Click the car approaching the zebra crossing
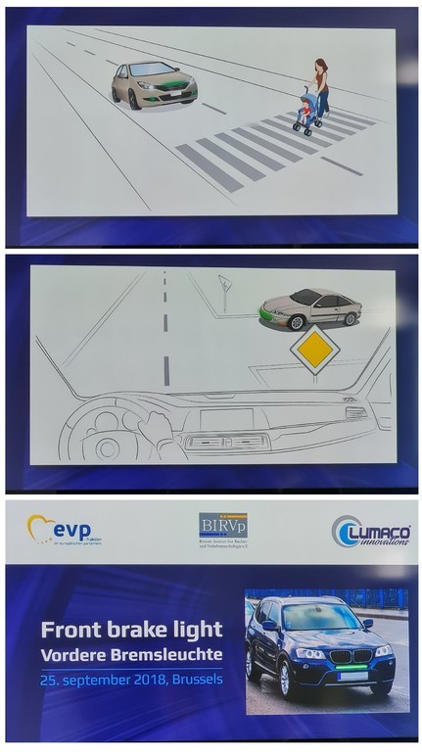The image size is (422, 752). coord(154,84)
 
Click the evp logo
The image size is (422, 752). coord(65,531)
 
